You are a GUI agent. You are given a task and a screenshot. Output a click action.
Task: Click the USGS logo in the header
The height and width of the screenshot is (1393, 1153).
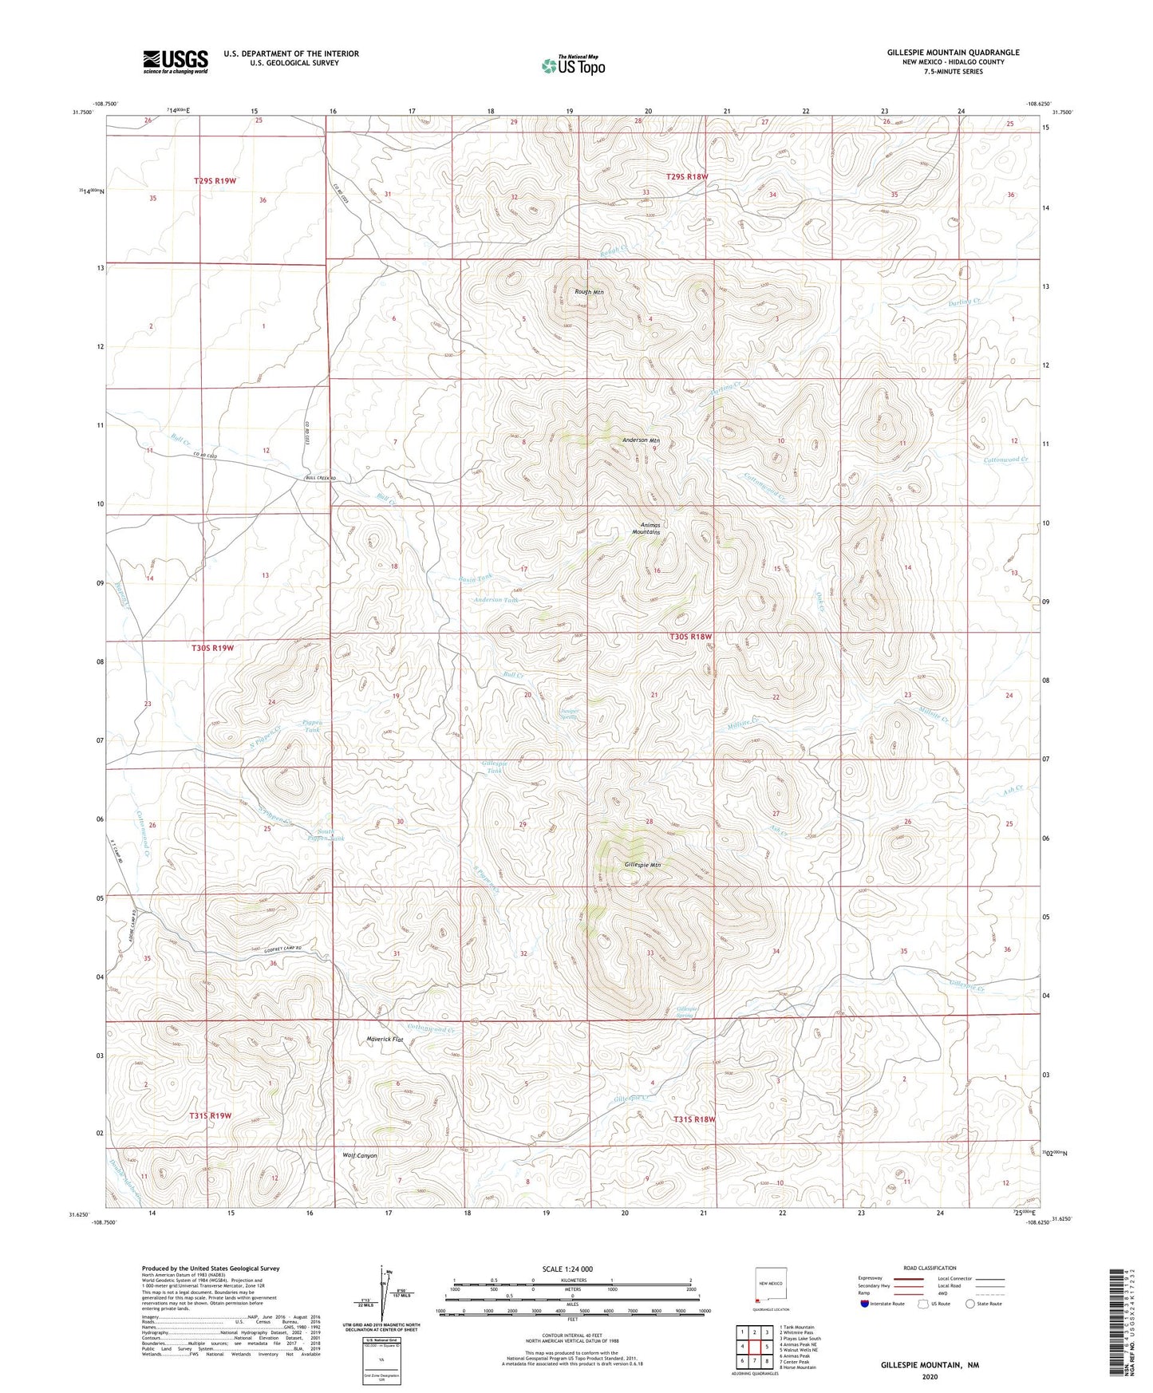click(175, 61)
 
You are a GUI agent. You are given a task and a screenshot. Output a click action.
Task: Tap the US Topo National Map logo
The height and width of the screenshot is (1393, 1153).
click(573, 65)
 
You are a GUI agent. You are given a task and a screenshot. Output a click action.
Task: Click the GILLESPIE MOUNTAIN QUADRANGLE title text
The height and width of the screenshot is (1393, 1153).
click(953, 53)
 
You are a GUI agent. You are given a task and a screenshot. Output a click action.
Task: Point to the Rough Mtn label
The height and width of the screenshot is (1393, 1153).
click(589, 292)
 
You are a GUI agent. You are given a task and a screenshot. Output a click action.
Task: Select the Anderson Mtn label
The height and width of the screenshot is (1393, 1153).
click(641, 440)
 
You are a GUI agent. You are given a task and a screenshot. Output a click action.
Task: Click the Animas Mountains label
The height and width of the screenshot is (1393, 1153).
click(646, 528)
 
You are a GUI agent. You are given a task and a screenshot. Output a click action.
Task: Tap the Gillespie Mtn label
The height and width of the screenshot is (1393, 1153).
click(642, 865)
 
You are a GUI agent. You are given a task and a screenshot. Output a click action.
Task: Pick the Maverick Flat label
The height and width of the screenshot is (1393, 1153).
click(385, 1040)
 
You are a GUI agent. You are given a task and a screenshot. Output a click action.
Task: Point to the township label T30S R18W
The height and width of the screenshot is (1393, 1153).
click(689, 637)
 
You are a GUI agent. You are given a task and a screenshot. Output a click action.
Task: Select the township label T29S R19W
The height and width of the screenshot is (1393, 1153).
click(215, 181)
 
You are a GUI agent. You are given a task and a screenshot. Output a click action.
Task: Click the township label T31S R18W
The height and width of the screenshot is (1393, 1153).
click(694, 1119)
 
